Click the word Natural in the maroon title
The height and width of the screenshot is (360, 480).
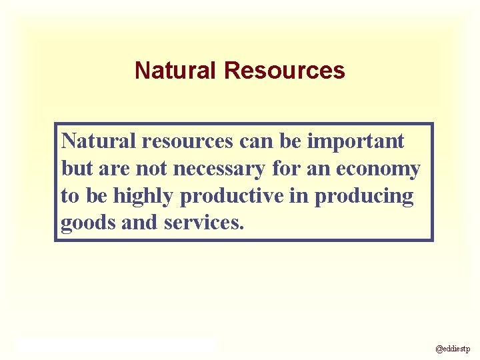tap(177, 71)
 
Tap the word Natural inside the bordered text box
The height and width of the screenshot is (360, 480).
tap(99, 141)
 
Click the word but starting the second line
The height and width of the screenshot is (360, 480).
tap(77, 169)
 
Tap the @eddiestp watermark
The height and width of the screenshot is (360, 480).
tap(453, 348)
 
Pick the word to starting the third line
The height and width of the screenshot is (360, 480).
tap(69, 197)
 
